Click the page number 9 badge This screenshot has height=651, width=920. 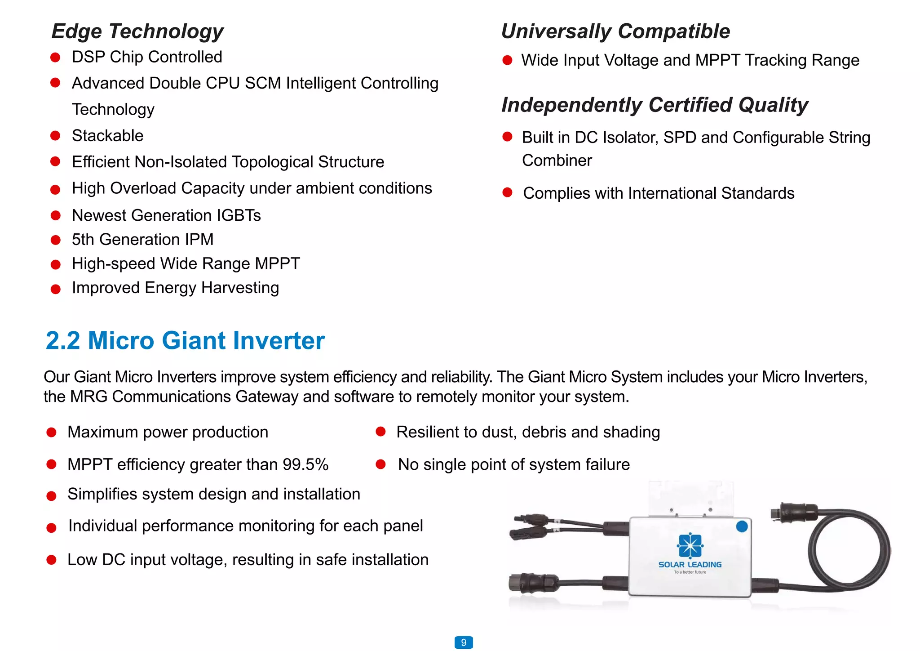coord(464,642)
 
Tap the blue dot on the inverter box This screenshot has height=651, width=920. coord(742,526)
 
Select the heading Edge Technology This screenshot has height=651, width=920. coord(137,31)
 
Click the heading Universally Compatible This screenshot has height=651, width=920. coord(615,31)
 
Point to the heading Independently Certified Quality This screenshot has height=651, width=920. coord(655,105)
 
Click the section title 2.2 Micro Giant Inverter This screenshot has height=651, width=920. coord(185,340)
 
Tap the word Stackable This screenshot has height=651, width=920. coord(108,136)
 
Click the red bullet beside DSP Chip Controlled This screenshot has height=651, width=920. coord(55,58)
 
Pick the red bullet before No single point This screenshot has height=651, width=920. coord(380,464)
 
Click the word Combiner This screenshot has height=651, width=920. coord(557,161)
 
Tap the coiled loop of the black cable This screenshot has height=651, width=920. coord(849,551)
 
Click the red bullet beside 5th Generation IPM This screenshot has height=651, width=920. coord(55,240)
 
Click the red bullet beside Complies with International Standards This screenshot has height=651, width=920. coord(507,193)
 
